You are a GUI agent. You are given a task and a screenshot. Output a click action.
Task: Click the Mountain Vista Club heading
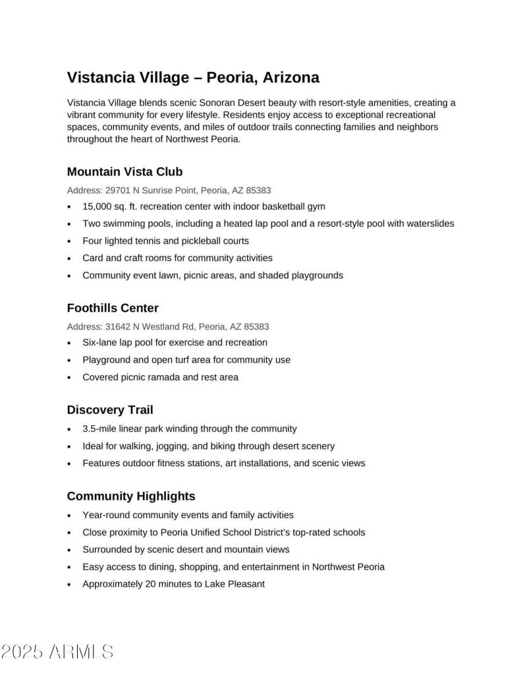[x=125, y=172]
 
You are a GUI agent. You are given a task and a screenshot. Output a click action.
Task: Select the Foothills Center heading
[x=113, y=308]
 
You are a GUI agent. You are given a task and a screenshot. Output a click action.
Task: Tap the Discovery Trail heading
[x=110, y=410]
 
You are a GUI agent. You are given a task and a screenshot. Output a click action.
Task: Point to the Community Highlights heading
[x=131, y=496]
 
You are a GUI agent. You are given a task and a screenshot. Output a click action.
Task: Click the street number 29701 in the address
[x=118, y=190]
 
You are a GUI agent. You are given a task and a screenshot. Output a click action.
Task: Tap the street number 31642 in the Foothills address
[x=118, y=326]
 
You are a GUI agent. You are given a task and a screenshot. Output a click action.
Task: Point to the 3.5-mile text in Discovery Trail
[x=99, y=429]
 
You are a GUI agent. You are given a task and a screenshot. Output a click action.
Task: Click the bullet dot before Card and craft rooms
[x=69, y=258]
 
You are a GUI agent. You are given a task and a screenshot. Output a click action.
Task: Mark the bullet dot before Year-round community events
[x=69, y=516]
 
